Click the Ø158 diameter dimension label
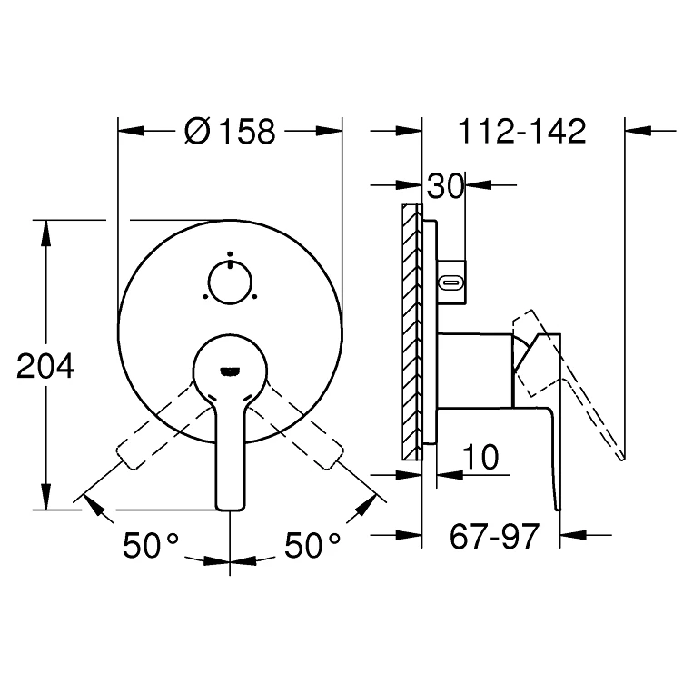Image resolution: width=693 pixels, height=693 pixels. click(x=230, y=132)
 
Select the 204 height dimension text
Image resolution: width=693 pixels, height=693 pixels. click(x=45, y=366)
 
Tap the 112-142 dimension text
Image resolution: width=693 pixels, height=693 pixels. click(x=522, y=132)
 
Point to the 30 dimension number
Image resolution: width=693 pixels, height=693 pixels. click(x=445, y=186)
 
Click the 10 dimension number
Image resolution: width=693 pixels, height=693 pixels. click(x=480, y=458)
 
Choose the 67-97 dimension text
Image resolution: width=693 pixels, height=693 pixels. click(x=495, y=536)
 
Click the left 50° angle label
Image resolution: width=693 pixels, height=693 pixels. click(x=151, y=545)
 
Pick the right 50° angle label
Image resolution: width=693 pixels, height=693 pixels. click(x=312, y=545)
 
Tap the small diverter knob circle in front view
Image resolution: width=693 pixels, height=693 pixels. click(x=230, y=282)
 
